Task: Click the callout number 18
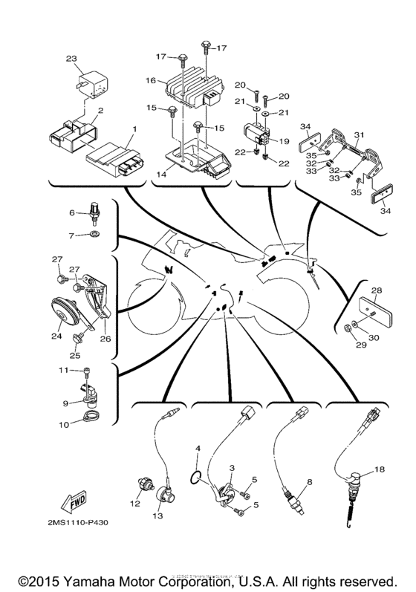(x=380, y=469)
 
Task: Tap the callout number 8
(x=309, y=481)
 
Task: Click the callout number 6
(x=72, y=212)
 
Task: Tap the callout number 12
(x=135, y=504)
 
